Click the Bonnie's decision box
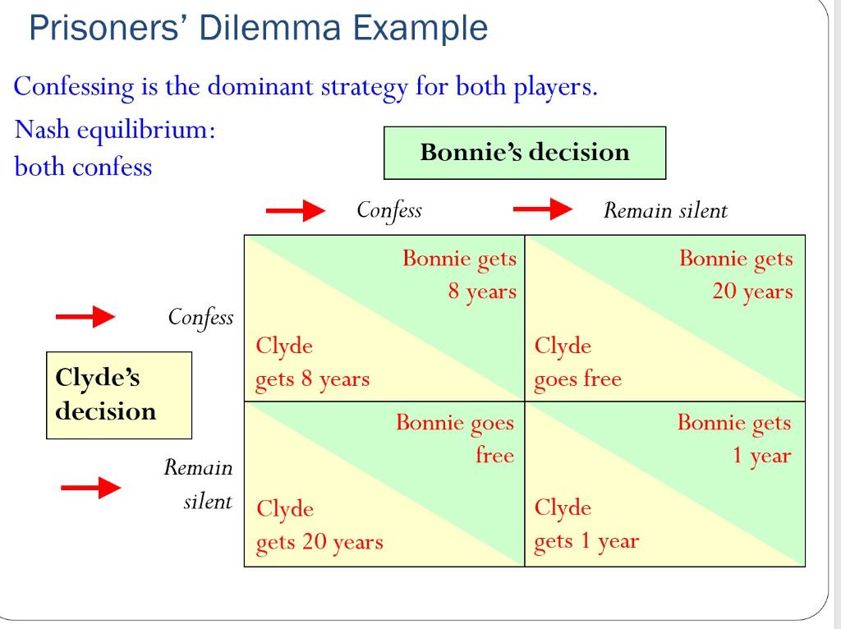point(524,153)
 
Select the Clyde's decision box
point(118,395)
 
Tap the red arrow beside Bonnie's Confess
point(296,211)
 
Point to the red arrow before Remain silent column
point(543,210)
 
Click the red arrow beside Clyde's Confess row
point(85,317)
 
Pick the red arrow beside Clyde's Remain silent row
point(91,489)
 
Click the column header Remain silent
point(665,211)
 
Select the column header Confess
point(389,210)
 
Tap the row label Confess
point(200,317)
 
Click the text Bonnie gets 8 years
point(459,275)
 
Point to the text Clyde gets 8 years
point(312,362)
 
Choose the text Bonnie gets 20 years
point(736,275)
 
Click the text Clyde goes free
point(577,362)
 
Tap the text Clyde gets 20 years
point(319,526)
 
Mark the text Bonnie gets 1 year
point(734,439)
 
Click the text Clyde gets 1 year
point(586,524)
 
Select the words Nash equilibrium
point(116,130)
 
